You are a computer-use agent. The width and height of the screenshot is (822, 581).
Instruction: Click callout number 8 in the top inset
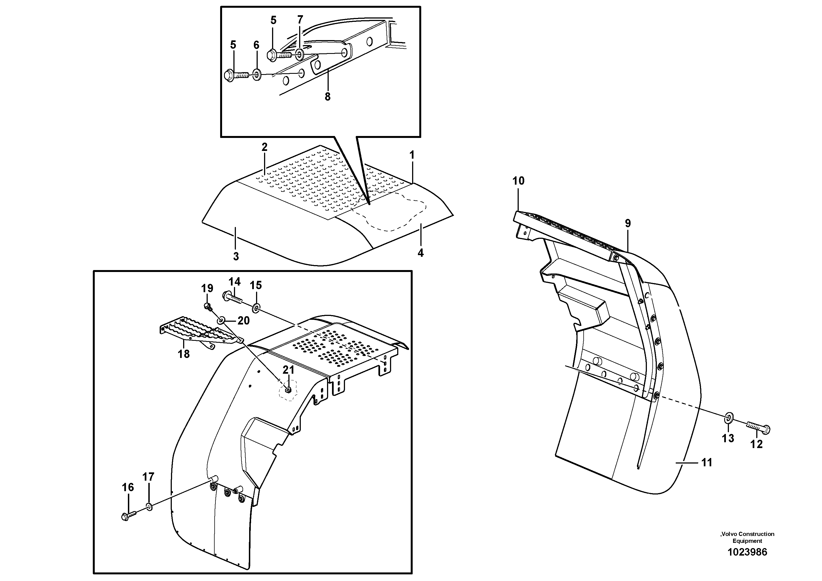point(328,97)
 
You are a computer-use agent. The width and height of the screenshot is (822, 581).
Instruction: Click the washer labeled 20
point(221,319)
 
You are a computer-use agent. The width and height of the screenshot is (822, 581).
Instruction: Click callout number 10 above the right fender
point(518,181)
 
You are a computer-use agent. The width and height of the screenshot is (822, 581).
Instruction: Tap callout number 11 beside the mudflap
point(706,462)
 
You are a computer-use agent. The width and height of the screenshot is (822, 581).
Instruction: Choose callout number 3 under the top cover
point(236,257)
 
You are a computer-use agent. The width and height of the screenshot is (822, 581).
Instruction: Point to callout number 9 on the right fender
point(628,224)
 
